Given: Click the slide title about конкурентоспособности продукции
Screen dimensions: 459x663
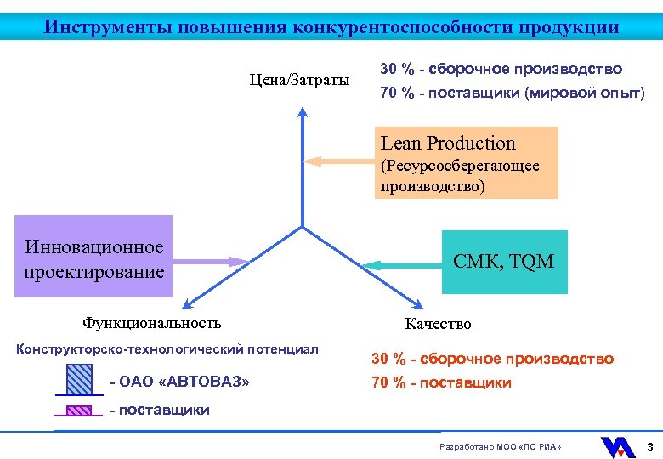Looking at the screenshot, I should pyautogui.click(x=331, y=26).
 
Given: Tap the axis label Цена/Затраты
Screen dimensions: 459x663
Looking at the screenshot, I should pyautogui.click(x=299, y=80).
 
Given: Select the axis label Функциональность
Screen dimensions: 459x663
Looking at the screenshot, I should pyautogui.click(x=151, y=322).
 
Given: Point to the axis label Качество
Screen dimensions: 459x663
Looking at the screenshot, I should pyautogui.click(x=438, y=324).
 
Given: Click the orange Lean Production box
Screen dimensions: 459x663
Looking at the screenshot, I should pyautogui.click(x=466, y=162).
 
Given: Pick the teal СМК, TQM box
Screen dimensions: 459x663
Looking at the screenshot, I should pyautogui.click(x=502, y=262).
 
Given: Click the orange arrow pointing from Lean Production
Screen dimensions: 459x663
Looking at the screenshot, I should pyautogui.click(x=339, y=161).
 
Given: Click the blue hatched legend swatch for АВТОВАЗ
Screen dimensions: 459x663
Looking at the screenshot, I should pyautogui.click(x=80, y=379).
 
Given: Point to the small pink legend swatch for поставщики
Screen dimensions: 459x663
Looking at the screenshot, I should pyautogui.click(x=79, y=411).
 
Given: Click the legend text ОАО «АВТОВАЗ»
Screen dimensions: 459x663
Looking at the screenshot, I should pyautogui.click(x=180, y=382).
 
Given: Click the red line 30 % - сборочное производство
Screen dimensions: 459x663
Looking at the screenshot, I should pyautogui.click(x=492, y=359).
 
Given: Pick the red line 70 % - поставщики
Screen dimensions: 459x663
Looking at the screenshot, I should pyautogui.click(x=441, y=382).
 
